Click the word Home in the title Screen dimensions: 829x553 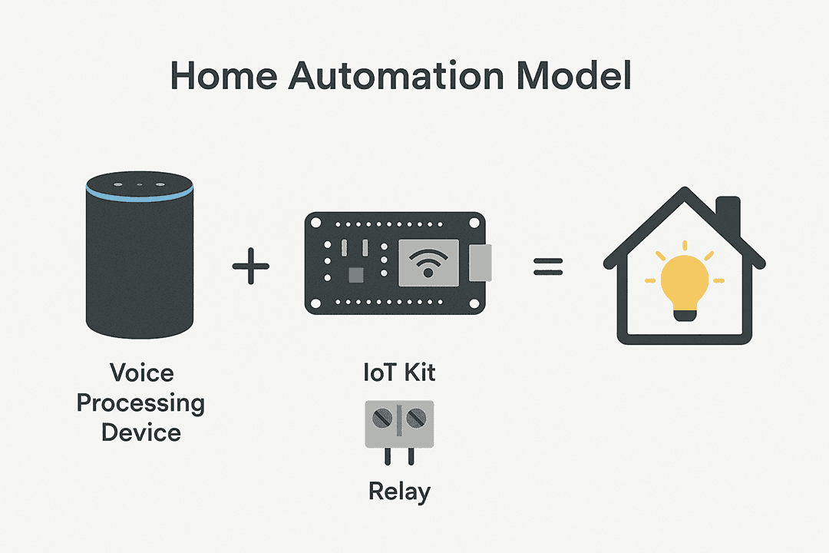(223, 76)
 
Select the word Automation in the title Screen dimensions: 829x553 (397, 76)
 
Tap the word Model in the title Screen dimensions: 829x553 (573, 76)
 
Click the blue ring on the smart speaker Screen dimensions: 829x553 (140, 196)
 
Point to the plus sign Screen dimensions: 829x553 (250, 266)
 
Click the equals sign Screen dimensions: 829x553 (548, 267)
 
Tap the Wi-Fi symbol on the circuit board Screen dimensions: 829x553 (428, 263)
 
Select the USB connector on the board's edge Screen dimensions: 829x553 (480, 263)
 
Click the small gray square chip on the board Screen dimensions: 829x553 (356, 275)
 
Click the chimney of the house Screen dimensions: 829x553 (728, 215)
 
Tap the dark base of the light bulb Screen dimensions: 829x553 (685, 316)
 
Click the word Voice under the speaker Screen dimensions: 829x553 (142, 373)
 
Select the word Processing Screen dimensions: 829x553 (140, 404)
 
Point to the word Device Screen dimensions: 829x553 (141, 433)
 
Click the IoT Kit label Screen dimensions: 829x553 (399, 373)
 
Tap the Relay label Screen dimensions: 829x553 (399, 492)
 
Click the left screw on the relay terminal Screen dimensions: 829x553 (382, 419)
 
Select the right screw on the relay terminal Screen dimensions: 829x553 (416, 419)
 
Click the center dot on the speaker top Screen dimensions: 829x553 (140, 184)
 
